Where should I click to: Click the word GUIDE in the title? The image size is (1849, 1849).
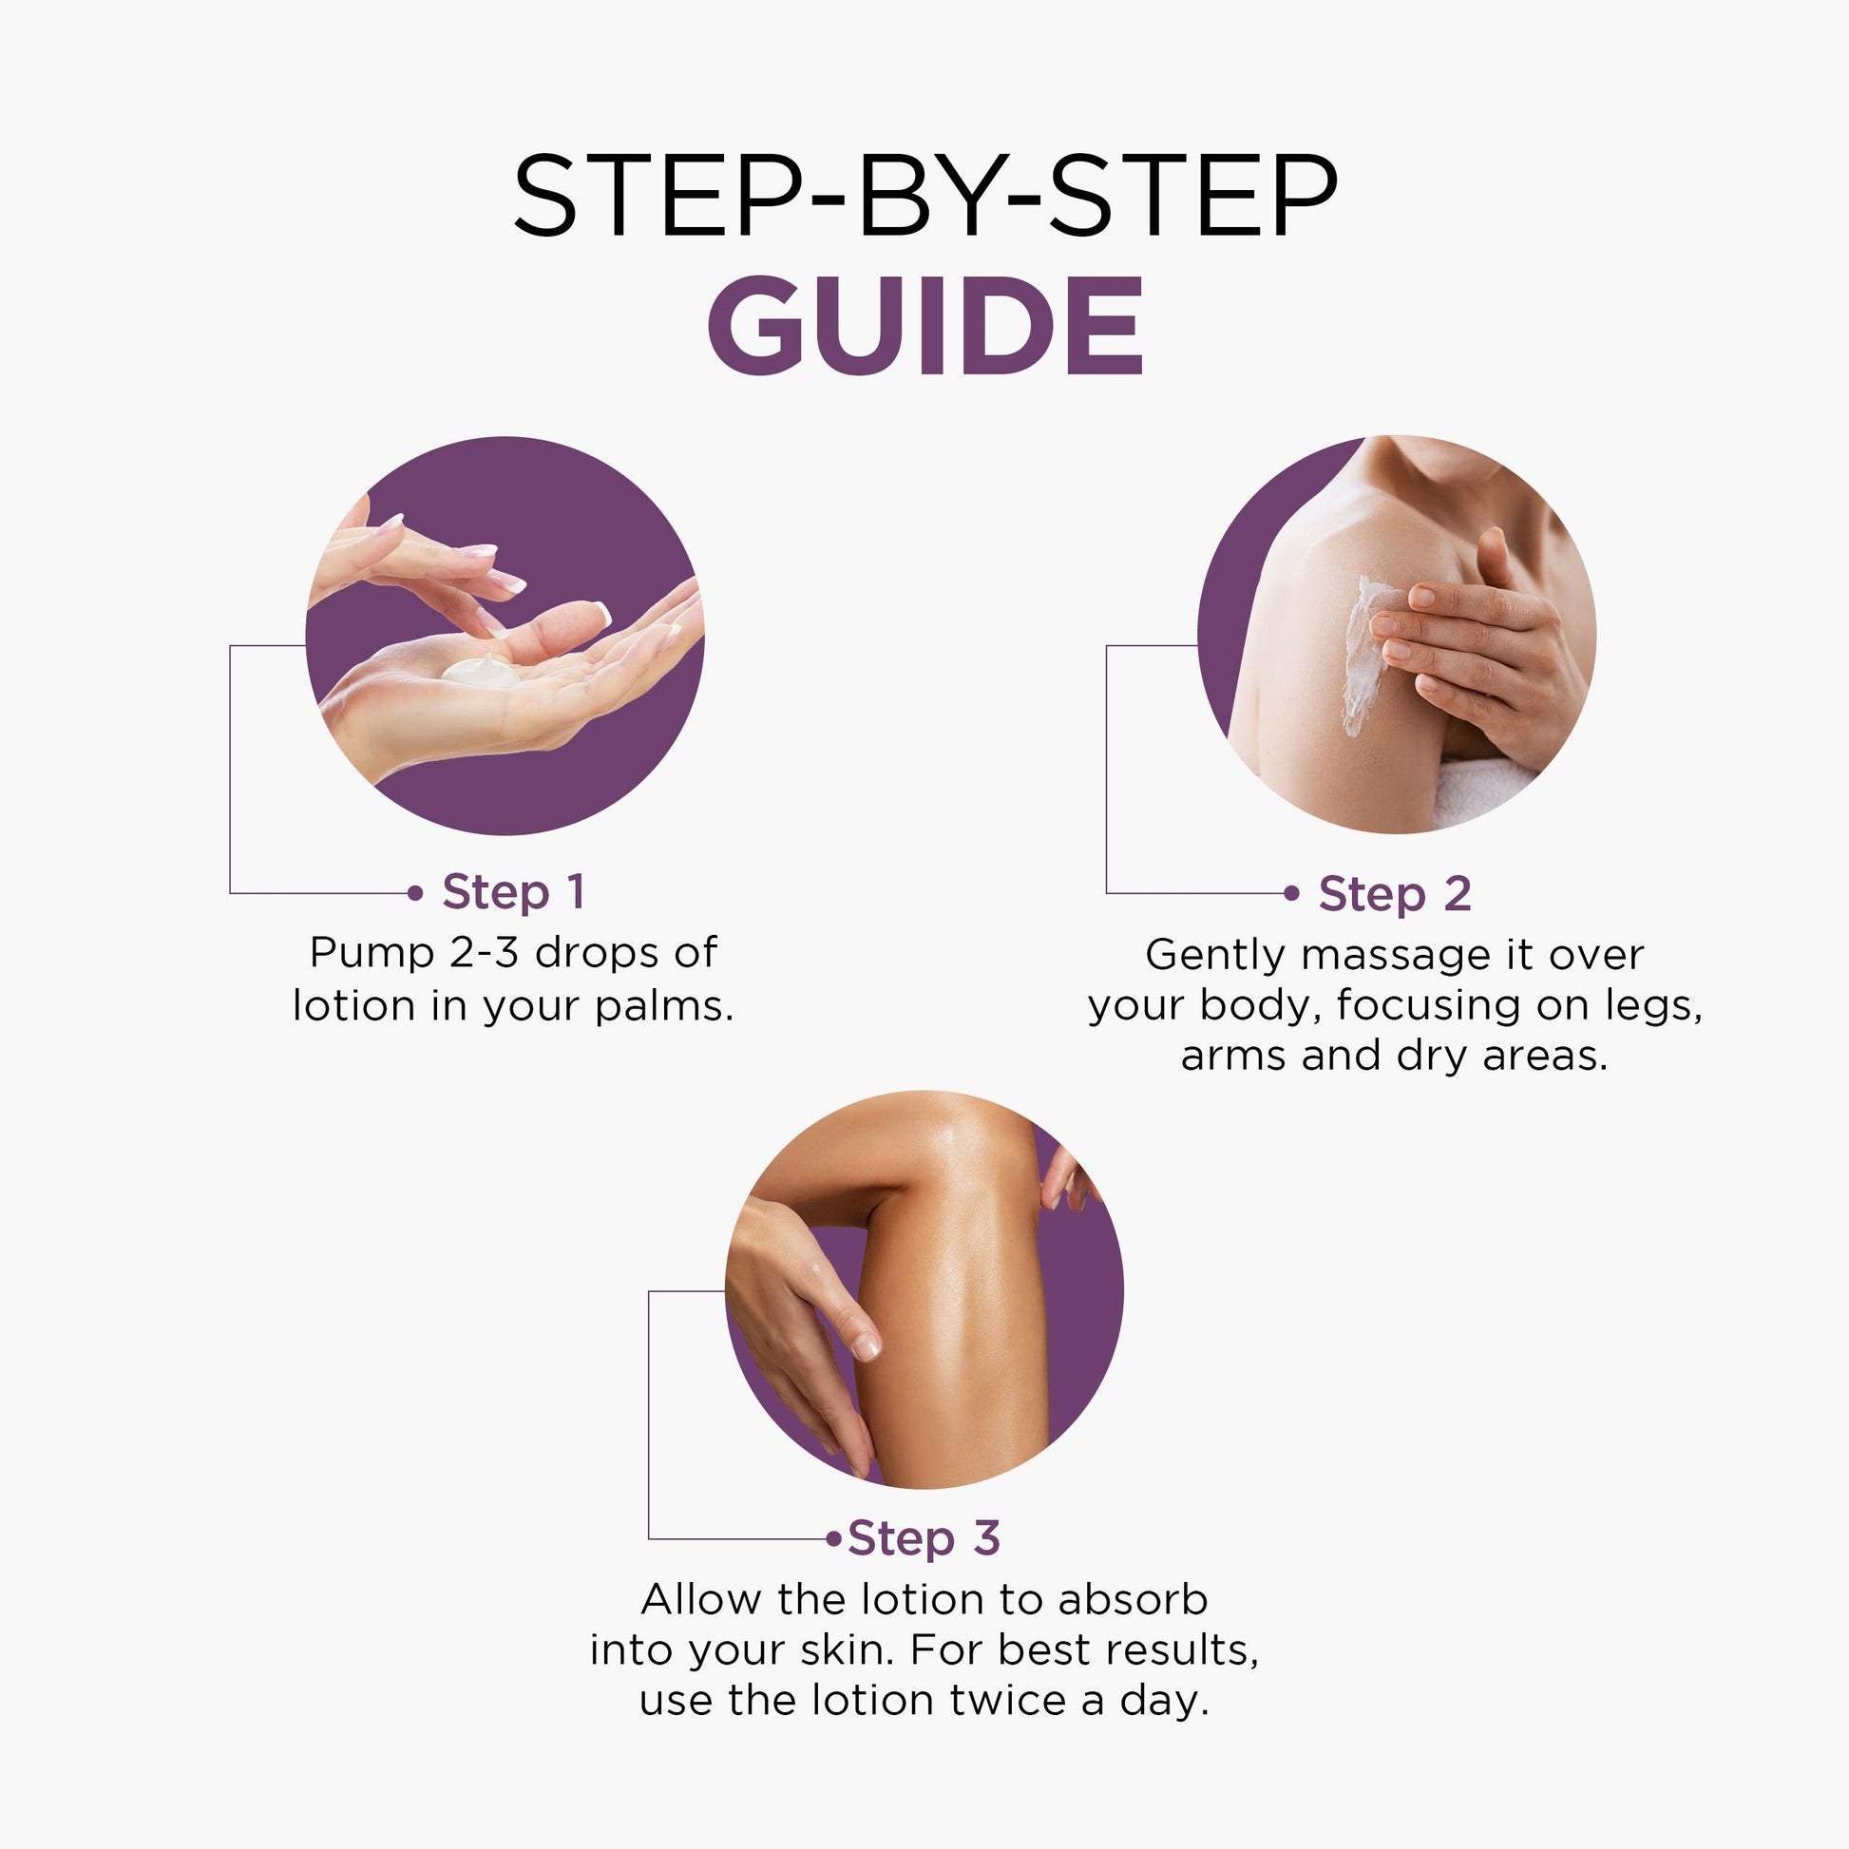pyautogui.click(x=924, y=326)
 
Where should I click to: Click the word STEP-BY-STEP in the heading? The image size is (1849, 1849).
pyautogui.click(x=924, y=196)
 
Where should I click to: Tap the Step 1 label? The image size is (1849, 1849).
pyautogui.click(x=513, y=892)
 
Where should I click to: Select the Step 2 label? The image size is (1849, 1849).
pyautogui.click(x=1395, y=894)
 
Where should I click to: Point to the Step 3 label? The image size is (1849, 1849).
pyautogui.click(x=924, y=1538)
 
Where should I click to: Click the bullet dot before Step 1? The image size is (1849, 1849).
pyautogui.click(x=414, y=893)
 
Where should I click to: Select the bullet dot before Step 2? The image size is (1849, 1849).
pyautogui.click(x=1291, y=894)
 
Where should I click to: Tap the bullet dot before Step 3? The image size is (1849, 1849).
pyautogui.click(x=834, y=1539)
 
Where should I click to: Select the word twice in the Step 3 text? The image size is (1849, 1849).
pyautogui.click(x=1003, y=1701)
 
